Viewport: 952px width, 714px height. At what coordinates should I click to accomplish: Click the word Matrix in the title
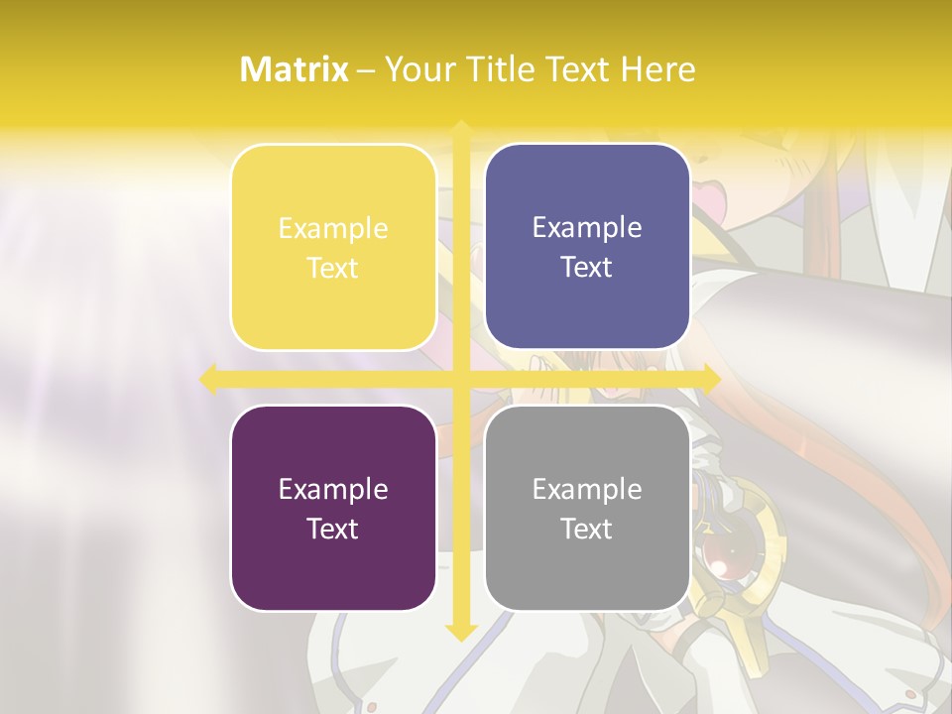295,69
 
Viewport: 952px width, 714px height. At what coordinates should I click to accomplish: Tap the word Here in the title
657,69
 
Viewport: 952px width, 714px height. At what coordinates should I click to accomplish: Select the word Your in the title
417,69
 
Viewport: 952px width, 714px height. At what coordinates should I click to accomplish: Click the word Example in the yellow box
333,229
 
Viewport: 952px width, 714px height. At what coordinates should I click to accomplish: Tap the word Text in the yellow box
333,268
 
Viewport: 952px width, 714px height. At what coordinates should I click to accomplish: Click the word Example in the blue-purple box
587,228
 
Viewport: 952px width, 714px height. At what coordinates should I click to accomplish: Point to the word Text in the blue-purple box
587,267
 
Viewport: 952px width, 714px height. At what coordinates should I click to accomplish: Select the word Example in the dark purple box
333,490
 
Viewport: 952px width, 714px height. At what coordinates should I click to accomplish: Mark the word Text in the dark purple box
333,529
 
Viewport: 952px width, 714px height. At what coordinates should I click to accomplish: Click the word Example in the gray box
587,490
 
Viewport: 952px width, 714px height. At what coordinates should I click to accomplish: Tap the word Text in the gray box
587,529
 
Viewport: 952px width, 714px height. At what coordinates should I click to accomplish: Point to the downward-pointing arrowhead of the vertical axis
461,632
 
